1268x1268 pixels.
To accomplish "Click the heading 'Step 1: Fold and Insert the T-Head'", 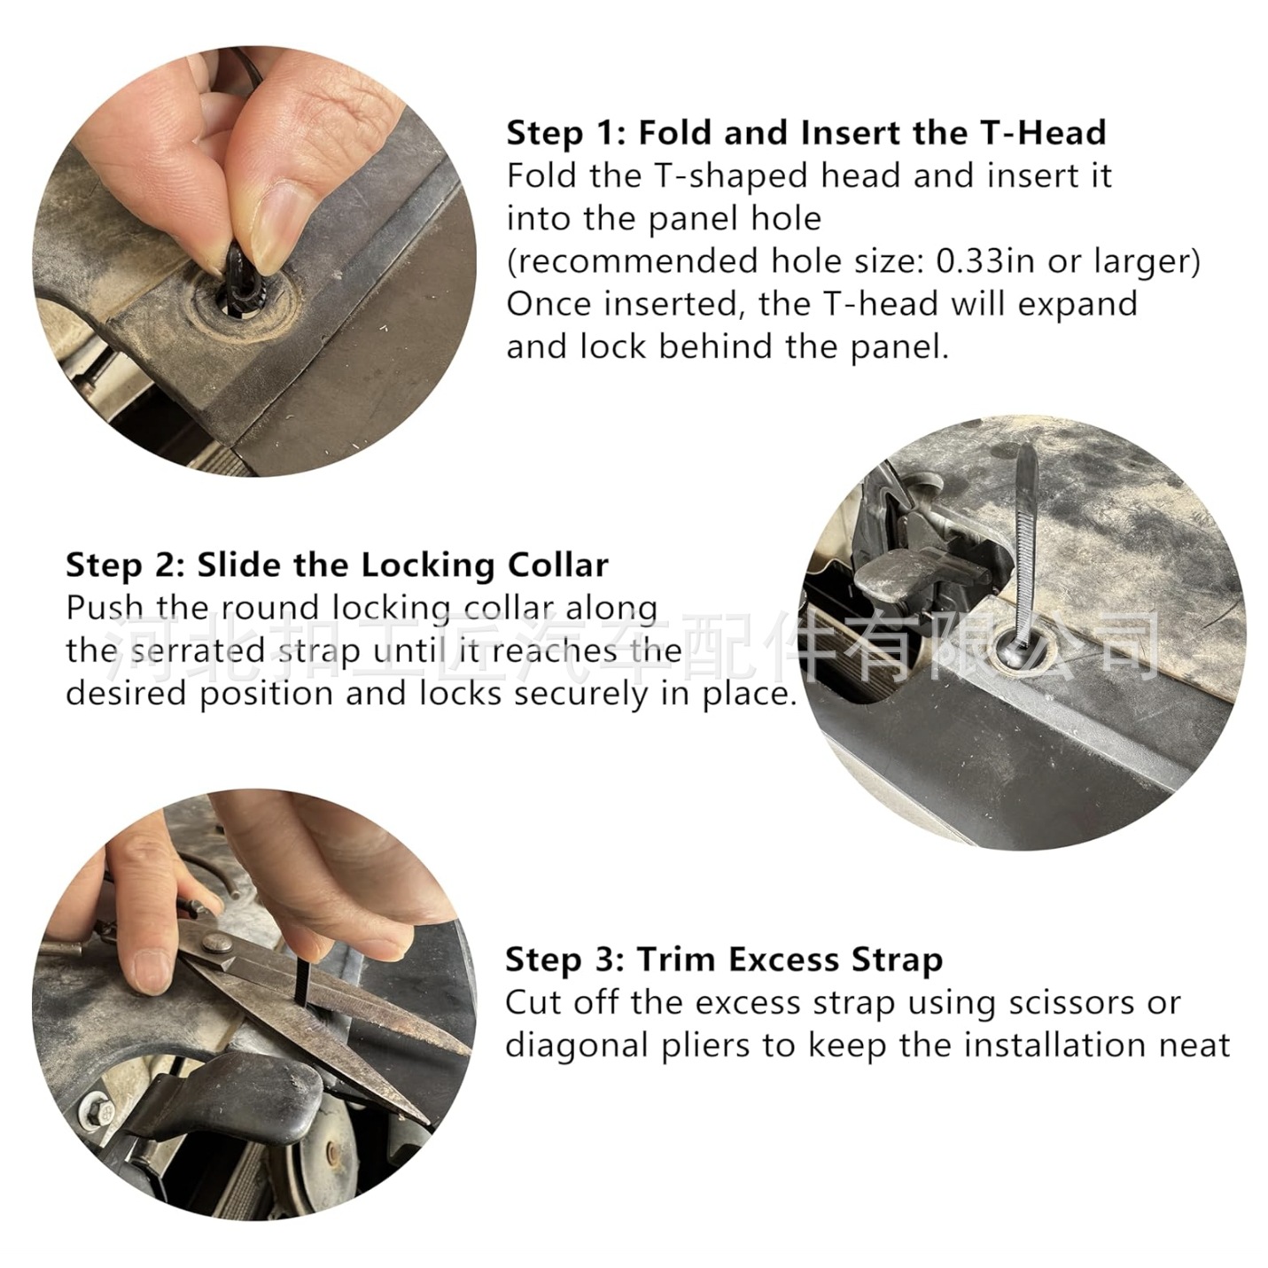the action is pos(806,133).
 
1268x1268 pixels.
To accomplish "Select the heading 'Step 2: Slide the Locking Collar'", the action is pos(337,565).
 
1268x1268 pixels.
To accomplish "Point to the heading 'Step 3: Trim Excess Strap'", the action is pos(724,960).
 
